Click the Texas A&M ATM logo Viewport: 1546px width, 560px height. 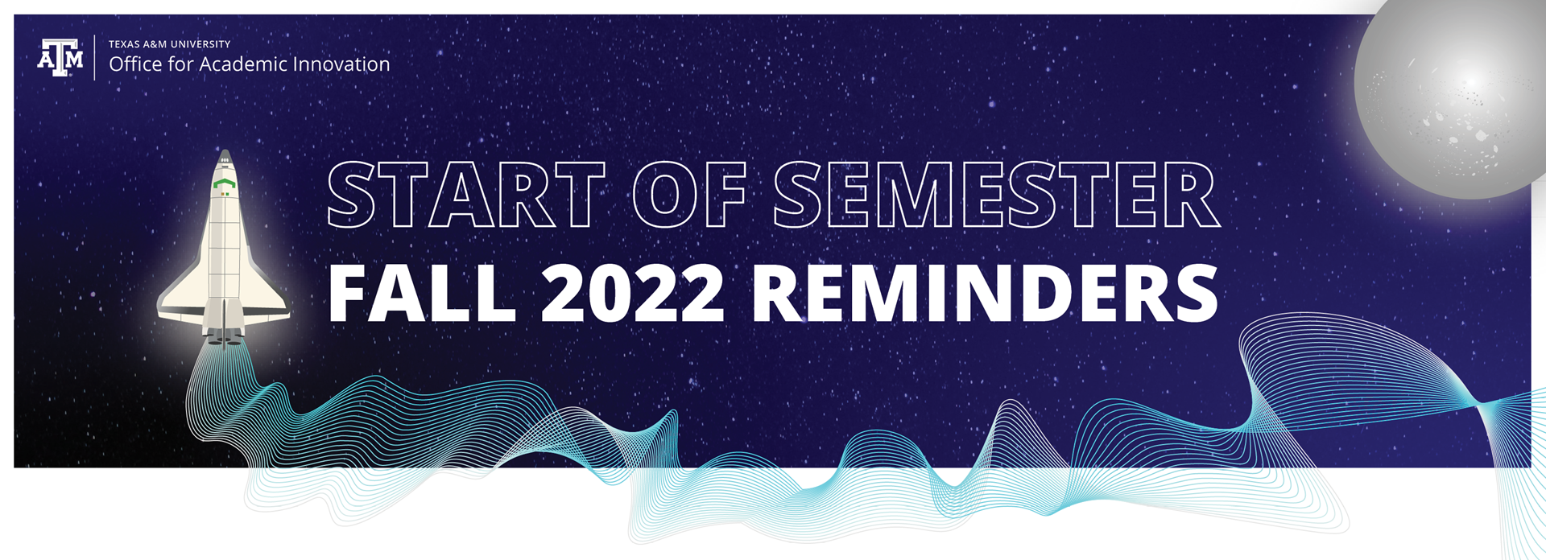[x=60, y=57]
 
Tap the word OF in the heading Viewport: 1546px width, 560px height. [x=690, y=195]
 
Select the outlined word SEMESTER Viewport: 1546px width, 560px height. [x=997, y=195]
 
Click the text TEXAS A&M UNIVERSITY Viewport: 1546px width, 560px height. [x=170, y=44]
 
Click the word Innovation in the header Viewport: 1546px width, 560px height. [x=341, y=64]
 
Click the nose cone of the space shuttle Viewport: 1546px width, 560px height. [x=225, y=157]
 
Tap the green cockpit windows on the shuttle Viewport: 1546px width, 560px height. [x=225, y=184]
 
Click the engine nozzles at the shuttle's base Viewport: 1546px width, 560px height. [x=225, y=337]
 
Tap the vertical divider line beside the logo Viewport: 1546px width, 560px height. [x=95, y=57]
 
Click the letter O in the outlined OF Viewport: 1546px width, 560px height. [x=664, y=195]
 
